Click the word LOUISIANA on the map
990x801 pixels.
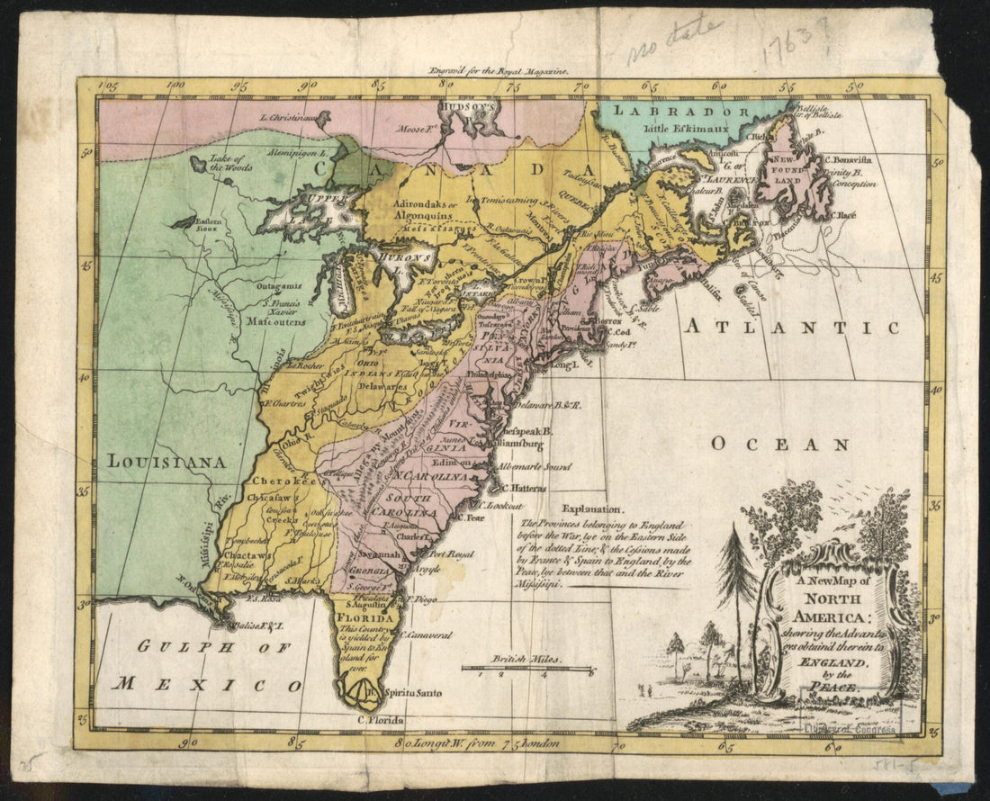pyautogui.click(x=166, y=462)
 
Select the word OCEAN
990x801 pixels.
pyautogui.click(x=779, y=444)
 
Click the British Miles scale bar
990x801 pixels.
pyautogui.click(x=526, y=669)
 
